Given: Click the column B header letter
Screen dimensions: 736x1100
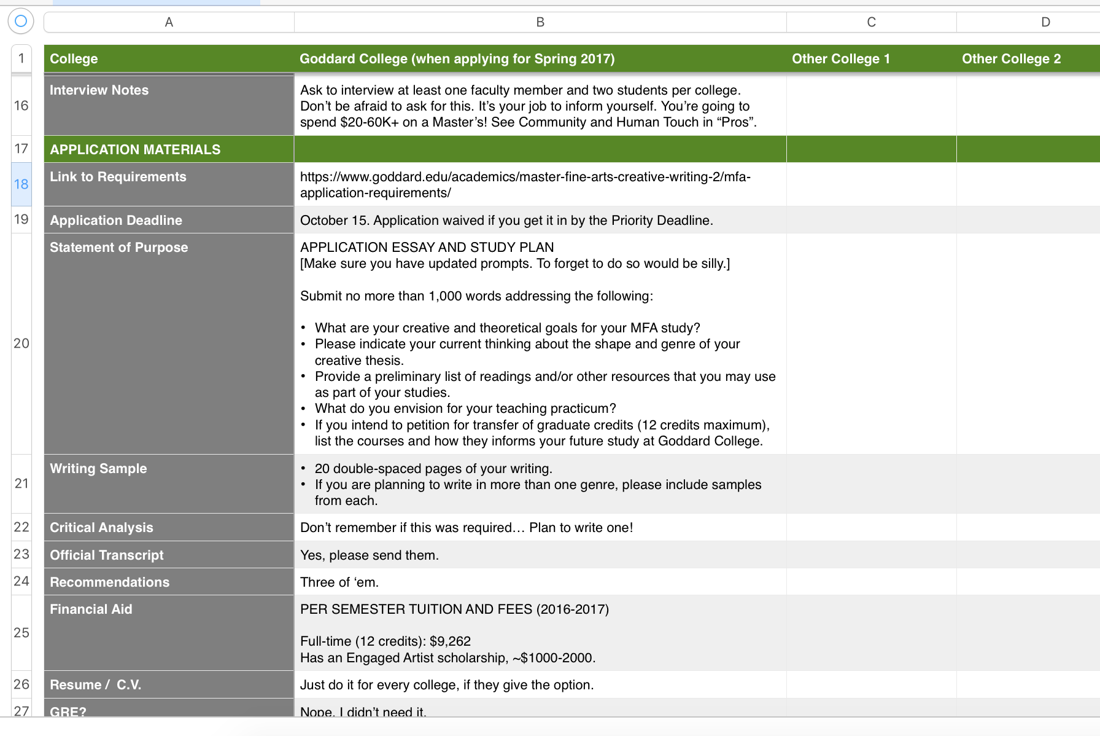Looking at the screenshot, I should click(x=540, y=22).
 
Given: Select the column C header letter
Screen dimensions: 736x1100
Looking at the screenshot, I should click(x=871, y=22).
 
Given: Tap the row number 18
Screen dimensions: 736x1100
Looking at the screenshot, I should click(x=21, y=184).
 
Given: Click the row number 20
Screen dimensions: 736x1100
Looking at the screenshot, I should click(x=21, y=343).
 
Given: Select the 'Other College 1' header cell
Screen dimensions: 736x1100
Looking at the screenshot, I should click(x=840, y=59).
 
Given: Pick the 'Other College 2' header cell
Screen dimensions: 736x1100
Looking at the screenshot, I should click(x=1011, y=59).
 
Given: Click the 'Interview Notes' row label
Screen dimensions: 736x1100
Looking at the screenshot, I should click(x=99, y=90).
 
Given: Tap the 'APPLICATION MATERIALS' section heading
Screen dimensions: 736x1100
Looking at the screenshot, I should click(x=135, y=149).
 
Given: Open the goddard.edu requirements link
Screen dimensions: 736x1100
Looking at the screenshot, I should click(x=525, y=184).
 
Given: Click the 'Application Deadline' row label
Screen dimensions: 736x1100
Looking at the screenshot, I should click(x=116, y=220).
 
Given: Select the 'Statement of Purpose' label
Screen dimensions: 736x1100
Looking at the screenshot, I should click(x=118, y=248).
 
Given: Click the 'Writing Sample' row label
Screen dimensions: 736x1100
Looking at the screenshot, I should click(x=98, y=469).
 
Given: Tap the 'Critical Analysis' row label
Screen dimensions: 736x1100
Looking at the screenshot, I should click(x=101, y=528).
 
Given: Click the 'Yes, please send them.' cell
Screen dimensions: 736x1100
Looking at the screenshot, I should click(x=369, y=555).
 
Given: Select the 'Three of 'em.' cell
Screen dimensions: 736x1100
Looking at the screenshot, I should click(x=339, y=582).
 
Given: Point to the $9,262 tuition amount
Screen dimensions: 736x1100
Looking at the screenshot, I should click(x=450, y=641).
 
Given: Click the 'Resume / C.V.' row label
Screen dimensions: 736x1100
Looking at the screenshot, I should click(x=95, y=685).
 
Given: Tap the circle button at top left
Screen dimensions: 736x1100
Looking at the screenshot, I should click(x=21, y=21).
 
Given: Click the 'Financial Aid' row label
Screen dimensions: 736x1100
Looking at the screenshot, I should click(x=91, y=609).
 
